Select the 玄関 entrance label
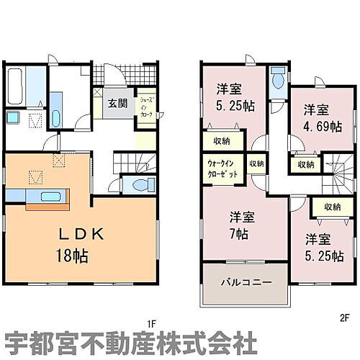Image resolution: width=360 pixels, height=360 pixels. click(118, 103)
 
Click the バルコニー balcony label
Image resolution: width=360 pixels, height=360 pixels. click(246, 282)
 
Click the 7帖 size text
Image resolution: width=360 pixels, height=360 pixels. click(240, 235)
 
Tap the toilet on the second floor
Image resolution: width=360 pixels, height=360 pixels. click(277, 81)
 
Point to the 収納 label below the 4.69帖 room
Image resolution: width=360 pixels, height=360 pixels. click(305, 164)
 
